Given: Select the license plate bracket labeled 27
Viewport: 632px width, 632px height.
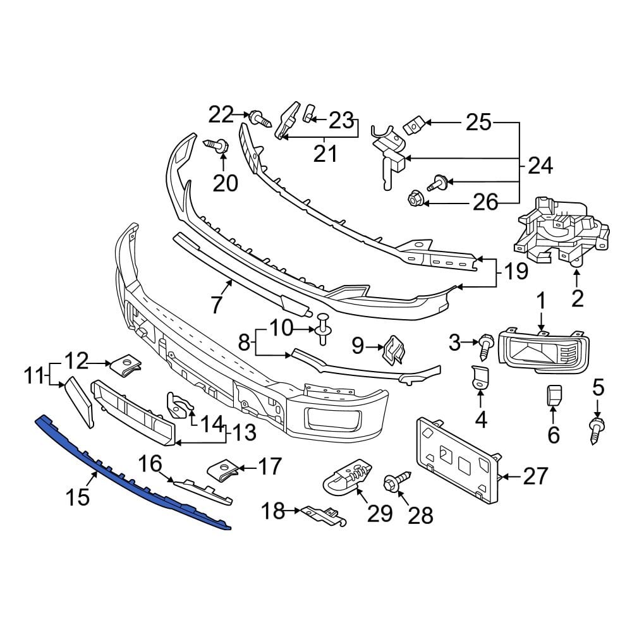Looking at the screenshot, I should (x=456, y=461).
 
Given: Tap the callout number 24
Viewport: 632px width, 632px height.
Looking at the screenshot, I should (x=540, y=166).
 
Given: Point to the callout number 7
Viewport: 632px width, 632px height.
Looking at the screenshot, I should (x=217, y=305).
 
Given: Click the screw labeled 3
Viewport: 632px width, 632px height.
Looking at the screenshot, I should (x=485, y=344).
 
